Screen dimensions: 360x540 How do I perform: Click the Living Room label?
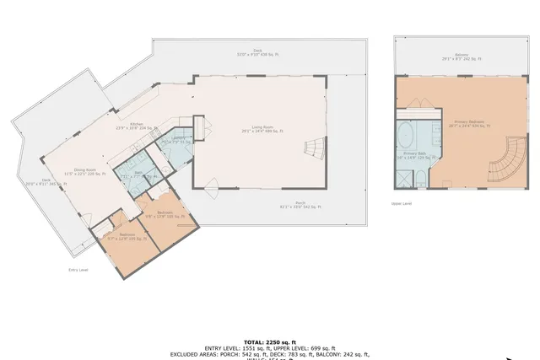pyautogui.click(x=262, y=129)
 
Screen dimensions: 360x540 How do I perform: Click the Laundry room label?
pyautogui.click(x=179, y=140)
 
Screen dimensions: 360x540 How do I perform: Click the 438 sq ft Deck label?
pyautogui.click(x=246, y=52)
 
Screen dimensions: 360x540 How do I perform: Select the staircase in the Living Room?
pyautogui.click(x=313, y=149)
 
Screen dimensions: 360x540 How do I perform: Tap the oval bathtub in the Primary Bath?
pyautogui.click(x=406, y=134)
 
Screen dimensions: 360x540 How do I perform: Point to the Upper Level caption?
pyautogui.click(x=401, y=203)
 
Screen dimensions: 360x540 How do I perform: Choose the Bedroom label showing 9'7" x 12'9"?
pyautogui.click(x=126, y=237)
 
